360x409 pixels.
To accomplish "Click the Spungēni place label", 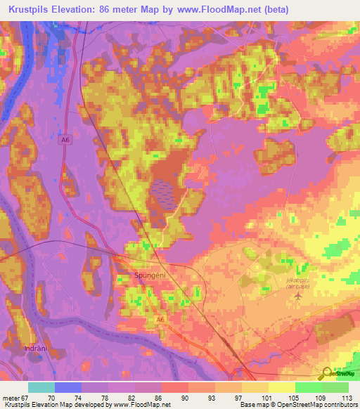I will [x=149, y=276].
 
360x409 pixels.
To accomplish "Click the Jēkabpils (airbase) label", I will [x=300, y=283].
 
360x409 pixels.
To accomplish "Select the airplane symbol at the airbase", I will [x=298, y=295].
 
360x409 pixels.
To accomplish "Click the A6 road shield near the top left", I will [x=65, y=140].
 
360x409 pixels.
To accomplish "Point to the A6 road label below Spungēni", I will [x=160, y=320].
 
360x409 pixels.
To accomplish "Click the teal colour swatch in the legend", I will [x=41, y=387].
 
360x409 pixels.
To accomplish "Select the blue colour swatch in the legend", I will [x=68, y=387].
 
